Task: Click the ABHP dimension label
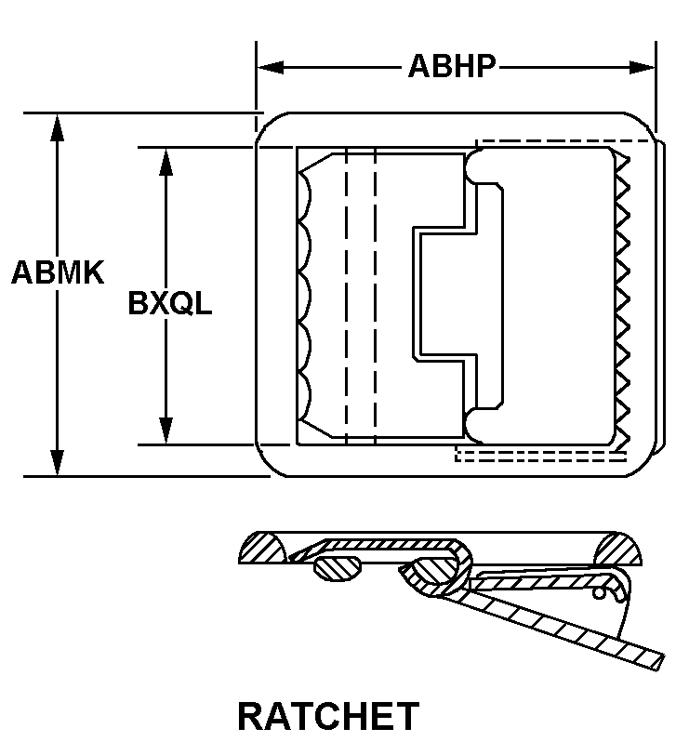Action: pyautogui.click(x=452, y=67)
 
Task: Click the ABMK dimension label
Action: pyautogui.click(x=58, y=273)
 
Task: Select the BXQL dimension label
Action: pyautogui.click(x=170, y=304)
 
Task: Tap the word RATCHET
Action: pyautogui.click(x=328, y=716)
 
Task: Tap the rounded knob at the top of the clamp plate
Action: pyautogui.click(x=478, y=166)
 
